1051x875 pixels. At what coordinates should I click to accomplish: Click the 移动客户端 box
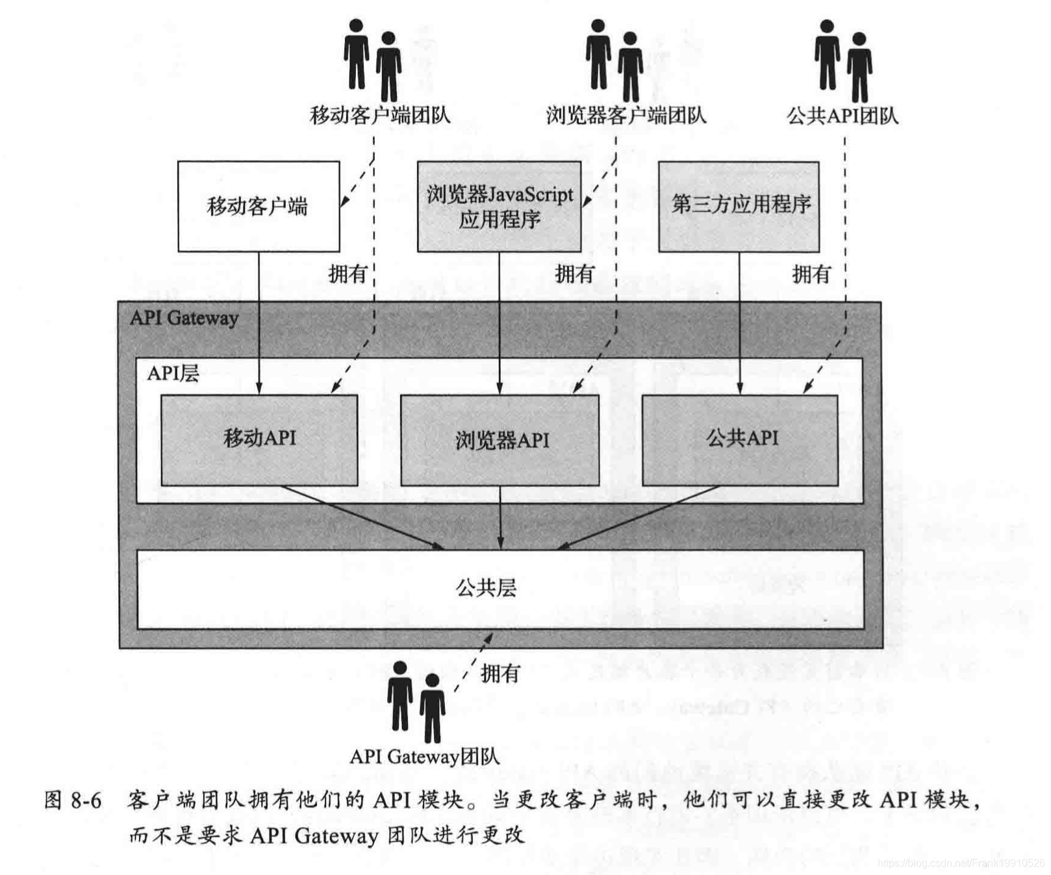[259, 207]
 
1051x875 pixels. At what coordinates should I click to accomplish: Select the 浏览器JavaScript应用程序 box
[499, 207]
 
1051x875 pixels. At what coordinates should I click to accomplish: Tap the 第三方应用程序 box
[739, 207]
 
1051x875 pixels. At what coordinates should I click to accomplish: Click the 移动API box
[259, 439]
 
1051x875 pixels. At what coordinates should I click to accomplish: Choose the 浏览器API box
[500, 440]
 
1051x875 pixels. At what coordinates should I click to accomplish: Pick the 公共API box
[741, 439]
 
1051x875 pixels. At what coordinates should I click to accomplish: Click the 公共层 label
[486, 588]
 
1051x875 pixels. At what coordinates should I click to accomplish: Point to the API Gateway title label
[184, 318]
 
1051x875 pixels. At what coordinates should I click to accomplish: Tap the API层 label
[173, 373]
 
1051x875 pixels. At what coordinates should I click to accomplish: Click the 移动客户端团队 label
[380, 116]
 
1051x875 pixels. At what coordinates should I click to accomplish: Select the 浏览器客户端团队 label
[626, 116]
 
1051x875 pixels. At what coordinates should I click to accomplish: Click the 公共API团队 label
[842, 116]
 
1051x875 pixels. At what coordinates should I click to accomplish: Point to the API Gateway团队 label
[425, 757]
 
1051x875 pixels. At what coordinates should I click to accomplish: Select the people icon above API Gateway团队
[416, 701]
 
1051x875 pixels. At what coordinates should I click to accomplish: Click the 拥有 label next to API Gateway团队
[500, 673]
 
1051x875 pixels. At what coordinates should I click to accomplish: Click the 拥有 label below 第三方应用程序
[811, 274]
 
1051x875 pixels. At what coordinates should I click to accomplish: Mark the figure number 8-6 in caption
[86, 800]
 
